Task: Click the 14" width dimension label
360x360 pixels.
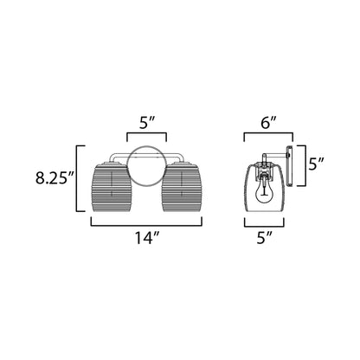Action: [148, 239]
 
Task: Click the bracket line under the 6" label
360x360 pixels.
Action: [268, 134]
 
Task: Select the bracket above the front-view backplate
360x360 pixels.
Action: [148, 134]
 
